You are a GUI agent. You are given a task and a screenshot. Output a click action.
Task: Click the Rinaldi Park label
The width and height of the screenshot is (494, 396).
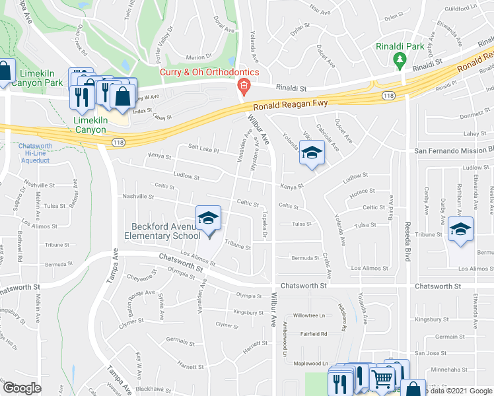(400, 47)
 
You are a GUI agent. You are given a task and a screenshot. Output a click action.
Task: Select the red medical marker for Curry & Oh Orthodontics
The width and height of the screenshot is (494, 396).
(243, 85)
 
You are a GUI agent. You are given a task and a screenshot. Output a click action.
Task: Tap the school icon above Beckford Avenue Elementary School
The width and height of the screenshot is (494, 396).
(208, 218)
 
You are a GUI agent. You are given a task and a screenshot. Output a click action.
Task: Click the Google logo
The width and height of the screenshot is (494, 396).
(22, 388)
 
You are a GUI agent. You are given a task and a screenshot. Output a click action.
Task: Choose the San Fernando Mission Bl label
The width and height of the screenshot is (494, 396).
(453, 150)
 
